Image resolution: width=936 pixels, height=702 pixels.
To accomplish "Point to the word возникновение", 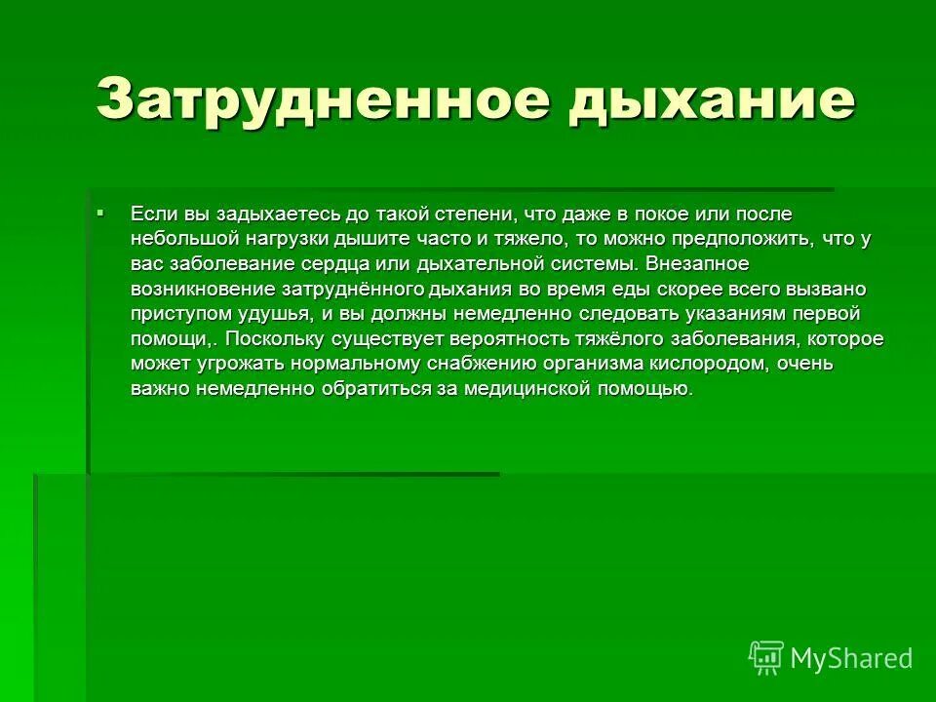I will point(202,290).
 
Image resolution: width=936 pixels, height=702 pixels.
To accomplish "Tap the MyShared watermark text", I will point(851,658).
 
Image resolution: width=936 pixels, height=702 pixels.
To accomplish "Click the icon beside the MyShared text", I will point(765,658).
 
